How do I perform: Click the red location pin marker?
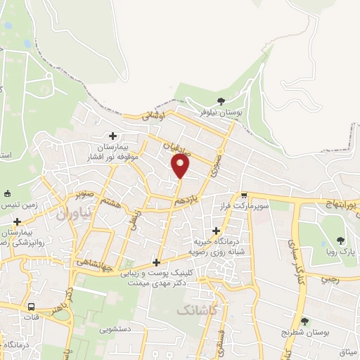(181, 165)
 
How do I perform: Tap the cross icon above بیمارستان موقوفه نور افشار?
(112, 136)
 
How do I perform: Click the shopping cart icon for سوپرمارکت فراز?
(243, 195)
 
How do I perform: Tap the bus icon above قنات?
(31, 307)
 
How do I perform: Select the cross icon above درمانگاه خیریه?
(215, 231)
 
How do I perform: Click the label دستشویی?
(115, 328)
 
